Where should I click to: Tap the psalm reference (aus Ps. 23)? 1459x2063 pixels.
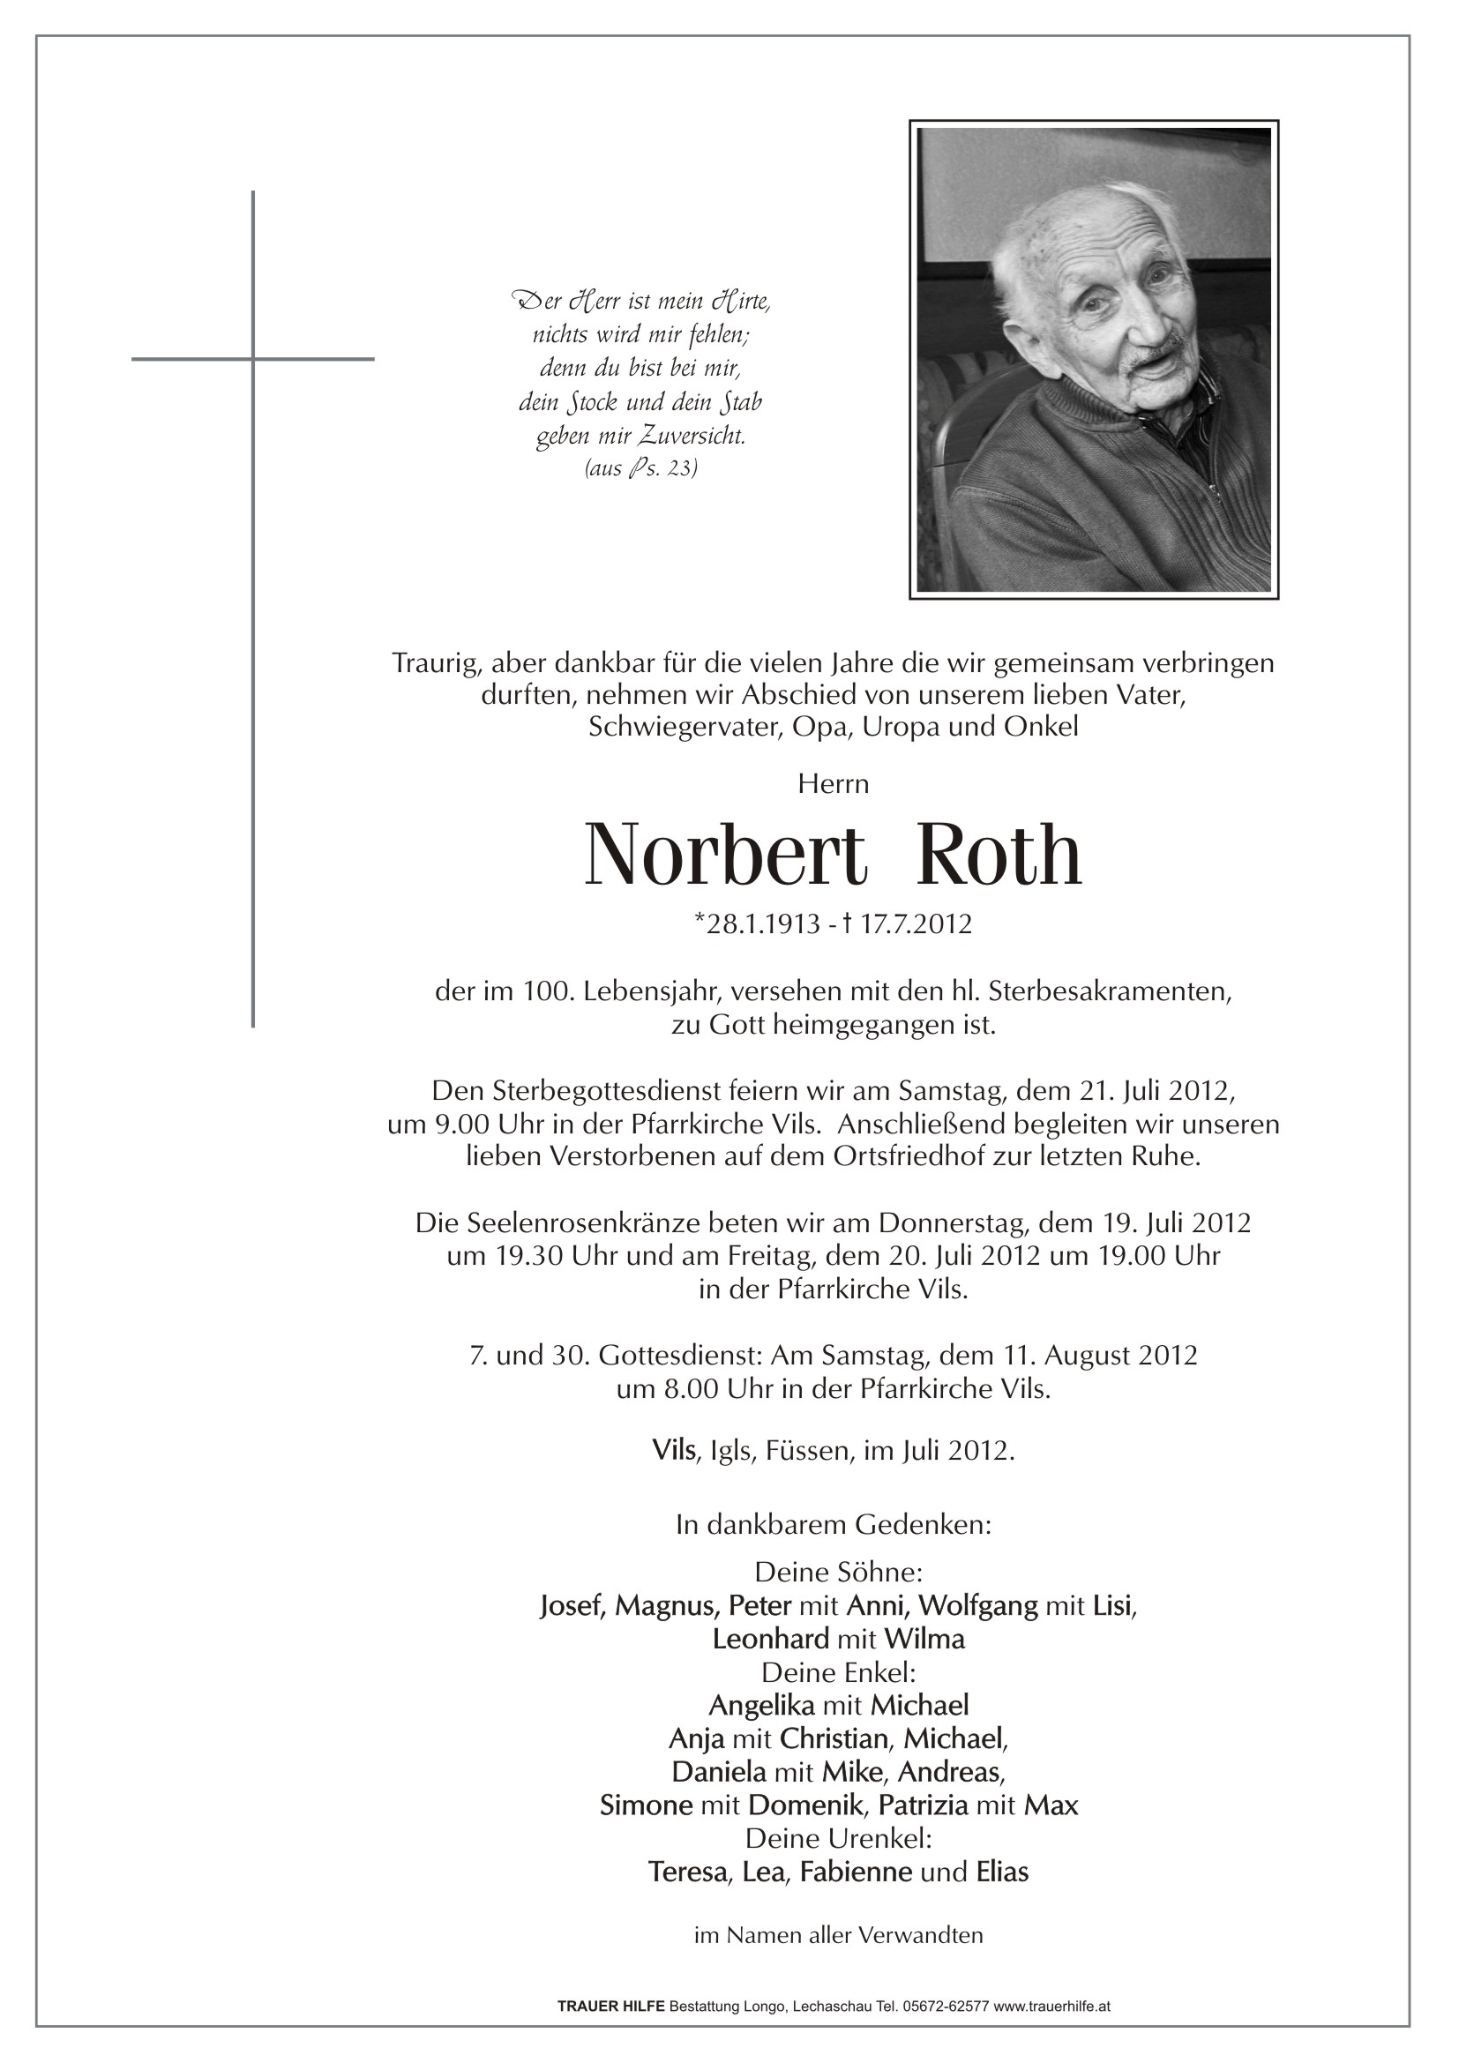(x=640, y=468)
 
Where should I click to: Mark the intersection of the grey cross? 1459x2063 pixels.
(x=253, y=359)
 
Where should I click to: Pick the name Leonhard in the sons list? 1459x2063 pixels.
(x=770, y=1639)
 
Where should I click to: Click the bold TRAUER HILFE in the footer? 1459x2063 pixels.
(x=612, y=2005)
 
